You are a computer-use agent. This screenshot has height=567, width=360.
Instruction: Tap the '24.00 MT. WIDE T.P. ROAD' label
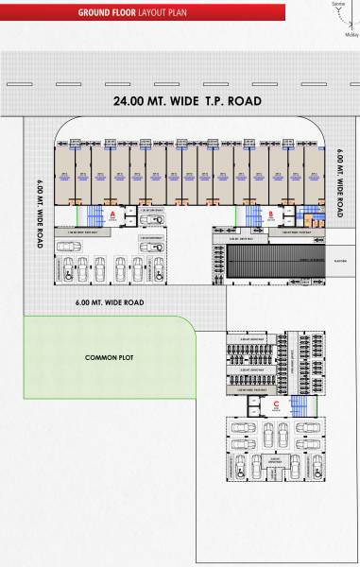click(186, 100)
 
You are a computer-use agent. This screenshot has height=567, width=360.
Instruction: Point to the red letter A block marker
click(112, 215)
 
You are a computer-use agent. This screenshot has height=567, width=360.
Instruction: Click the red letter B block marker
click(271, 215)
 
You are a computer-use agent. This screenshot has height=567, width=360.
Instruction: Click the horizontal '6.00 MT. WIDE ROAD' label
click(111, 302)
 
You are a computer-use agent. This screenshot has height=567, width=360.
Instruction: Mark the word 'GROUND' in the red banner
click(97, 12)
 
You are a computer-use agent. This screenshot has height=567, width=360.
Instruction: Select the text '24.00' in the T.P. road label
click(129, 100)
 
